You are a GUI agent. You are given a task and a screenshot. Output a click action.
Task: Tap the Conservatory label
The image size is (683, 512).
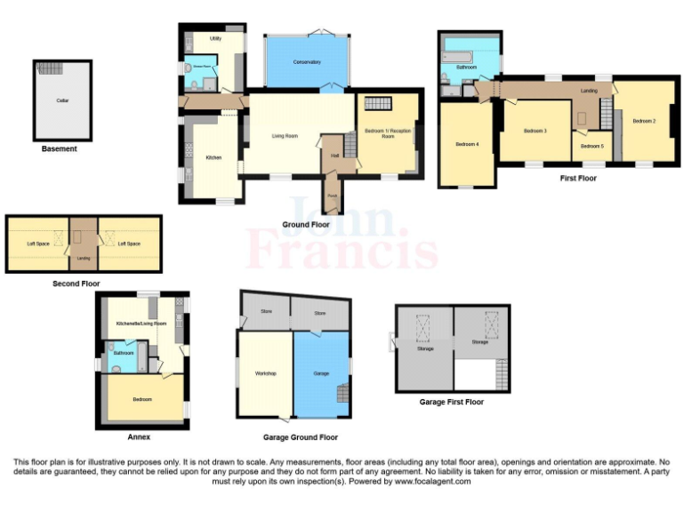pos(307,62)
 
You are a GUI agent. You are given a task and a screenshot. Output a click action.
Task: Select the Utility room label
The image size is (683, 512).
pos(215,39)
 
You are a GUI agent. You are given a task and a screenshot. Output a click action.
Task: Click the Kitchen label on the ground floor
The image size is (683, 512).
pos(213,157)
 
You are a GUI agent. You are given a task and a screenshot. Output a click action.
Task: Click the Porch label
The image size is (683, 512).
pos(332,196)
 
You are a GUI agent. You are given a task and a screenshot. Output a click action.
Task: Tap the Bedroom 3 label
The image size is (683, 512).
pos(534,131)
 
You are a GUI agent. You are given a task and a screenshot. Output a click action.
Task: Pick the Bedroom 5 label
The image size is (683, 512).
pos(592,146)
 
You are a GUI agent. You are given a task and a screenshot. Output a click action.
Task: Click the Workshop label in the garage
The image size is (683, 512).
pos(265,373)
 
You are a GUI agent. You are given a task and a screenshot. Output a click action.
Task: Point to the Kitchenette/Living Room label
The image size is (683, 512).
pos(141,324)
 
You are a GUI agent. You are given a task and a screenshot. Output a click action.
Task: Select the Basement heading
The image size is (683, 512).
pos(60,149)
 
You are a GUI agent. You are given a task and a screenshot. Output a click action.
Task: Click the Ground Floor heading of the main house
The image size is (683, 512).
pos(306,225)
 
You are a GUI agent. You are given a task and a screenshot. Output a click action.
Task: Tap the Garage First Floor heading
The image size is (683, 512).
pos(451,402)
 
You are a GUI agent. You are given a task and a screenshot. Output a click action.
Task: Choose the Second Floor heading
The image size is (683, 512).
pos(76,284)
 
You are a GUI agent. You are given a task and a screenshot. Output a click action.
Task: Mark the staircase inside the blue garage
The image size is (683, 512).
pos(341,391)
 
